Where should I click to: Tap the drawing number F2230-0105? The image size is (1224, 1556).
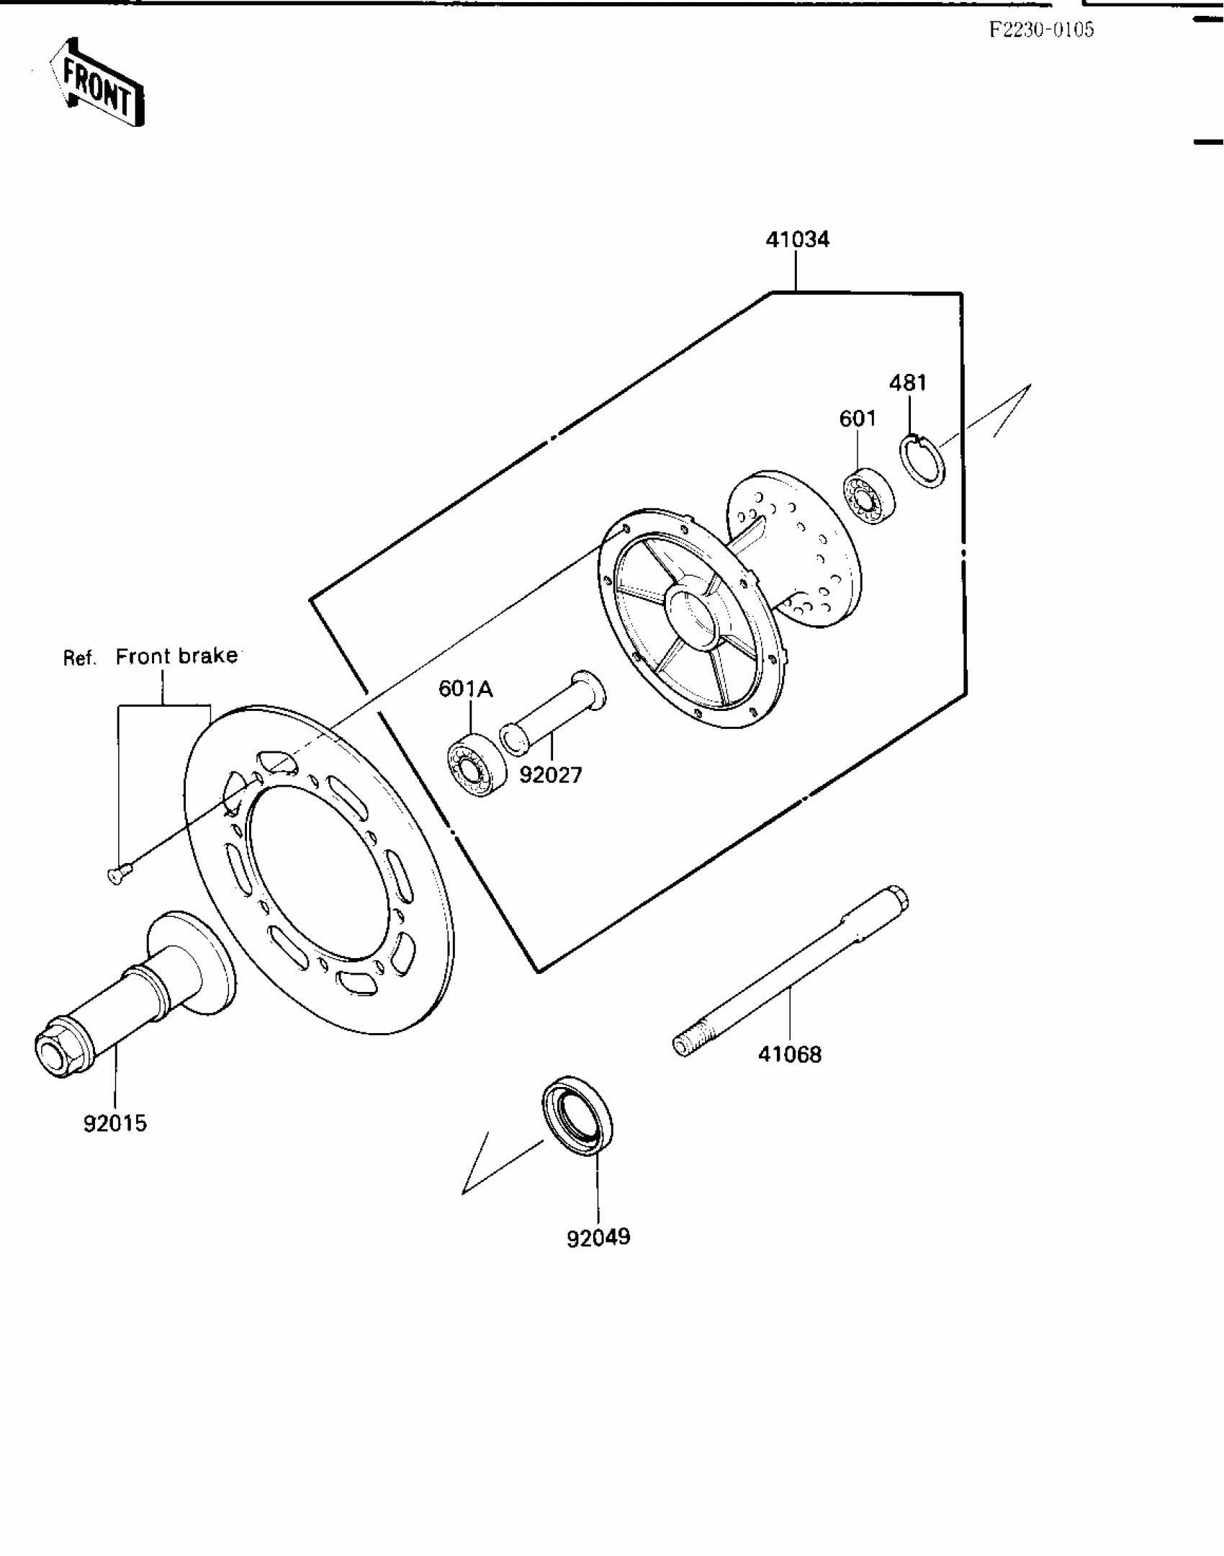coord(1040,30)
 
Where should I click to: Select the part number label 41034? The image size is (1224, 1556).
coord(797,240)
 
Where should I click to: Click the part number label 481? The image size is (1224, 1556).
coord(908,383)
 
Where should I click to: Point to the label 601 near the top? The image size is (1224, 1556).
coord(858,419)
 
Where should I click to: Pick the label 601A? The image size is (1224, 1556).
coord(465,689)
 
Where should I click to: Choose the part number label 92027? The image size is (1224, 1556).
coord(551,775)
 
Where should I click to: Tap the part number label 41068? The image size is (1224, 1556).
coord(789,1055)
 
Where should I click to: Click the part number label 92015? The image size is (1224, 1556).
coord(115,1123)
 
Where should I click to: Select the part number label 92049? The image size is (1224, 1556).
coord(598,1238)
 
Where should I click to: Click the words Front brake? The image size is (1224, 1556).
coord(176,656)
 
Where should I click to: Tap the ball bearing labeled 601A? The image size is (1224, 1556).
coord(474,764)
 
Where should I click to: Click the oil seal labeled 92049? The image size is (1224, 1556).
coord(577,1116)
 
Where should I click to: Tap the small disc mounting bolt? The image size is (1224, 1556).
coord(117,875)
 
